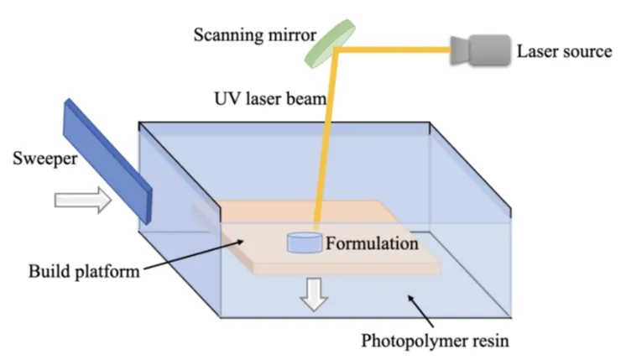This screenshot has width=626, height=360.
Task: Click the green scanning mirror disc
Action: [330, 44]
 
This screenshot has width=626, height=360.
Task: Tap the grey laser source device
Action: [480, 50]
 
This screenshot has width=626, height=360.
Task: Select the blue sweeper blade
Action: [107, 161]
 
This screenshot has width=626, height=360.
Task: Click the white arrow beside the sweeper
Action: [83, 200]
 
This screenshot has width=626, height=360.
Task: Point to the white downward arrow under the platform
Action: [314, 295]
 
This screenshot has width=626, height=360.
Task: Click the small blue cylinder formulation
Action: [305, 243]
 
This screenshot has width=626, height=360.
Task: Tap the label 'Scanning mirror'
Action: [255, 35]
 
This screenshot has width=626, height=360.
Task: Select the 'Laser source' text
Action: [565, 51]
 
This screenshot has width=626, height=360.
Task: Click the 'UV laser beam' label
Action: [270, 98]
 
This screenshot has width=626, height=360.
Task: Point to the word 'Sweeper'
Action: [45, 159]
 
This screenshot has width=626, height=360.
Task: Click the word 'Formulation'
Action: [372, 243]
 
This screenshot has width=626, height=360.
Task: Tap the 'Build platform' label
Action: [84, 272]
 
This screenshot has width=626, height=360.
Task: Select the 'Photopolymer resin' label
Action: [436, 342]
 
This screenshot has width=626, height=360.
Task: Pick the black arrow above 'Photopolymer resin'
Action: [420, 311]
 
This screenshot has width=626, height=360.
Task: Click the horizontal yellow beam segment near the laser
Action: [394, 50]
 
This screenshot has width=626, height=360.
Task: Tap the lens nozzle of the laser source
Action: [460, 50]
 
